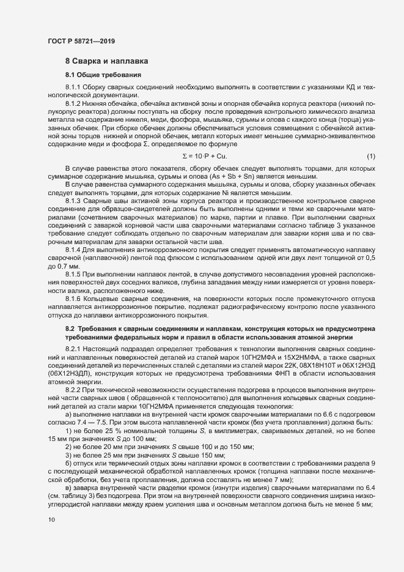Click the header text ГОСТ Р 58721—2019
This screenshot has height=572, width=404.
[81, 41]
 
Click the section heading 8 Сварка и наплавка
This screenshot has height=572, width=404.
[103, 62]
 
